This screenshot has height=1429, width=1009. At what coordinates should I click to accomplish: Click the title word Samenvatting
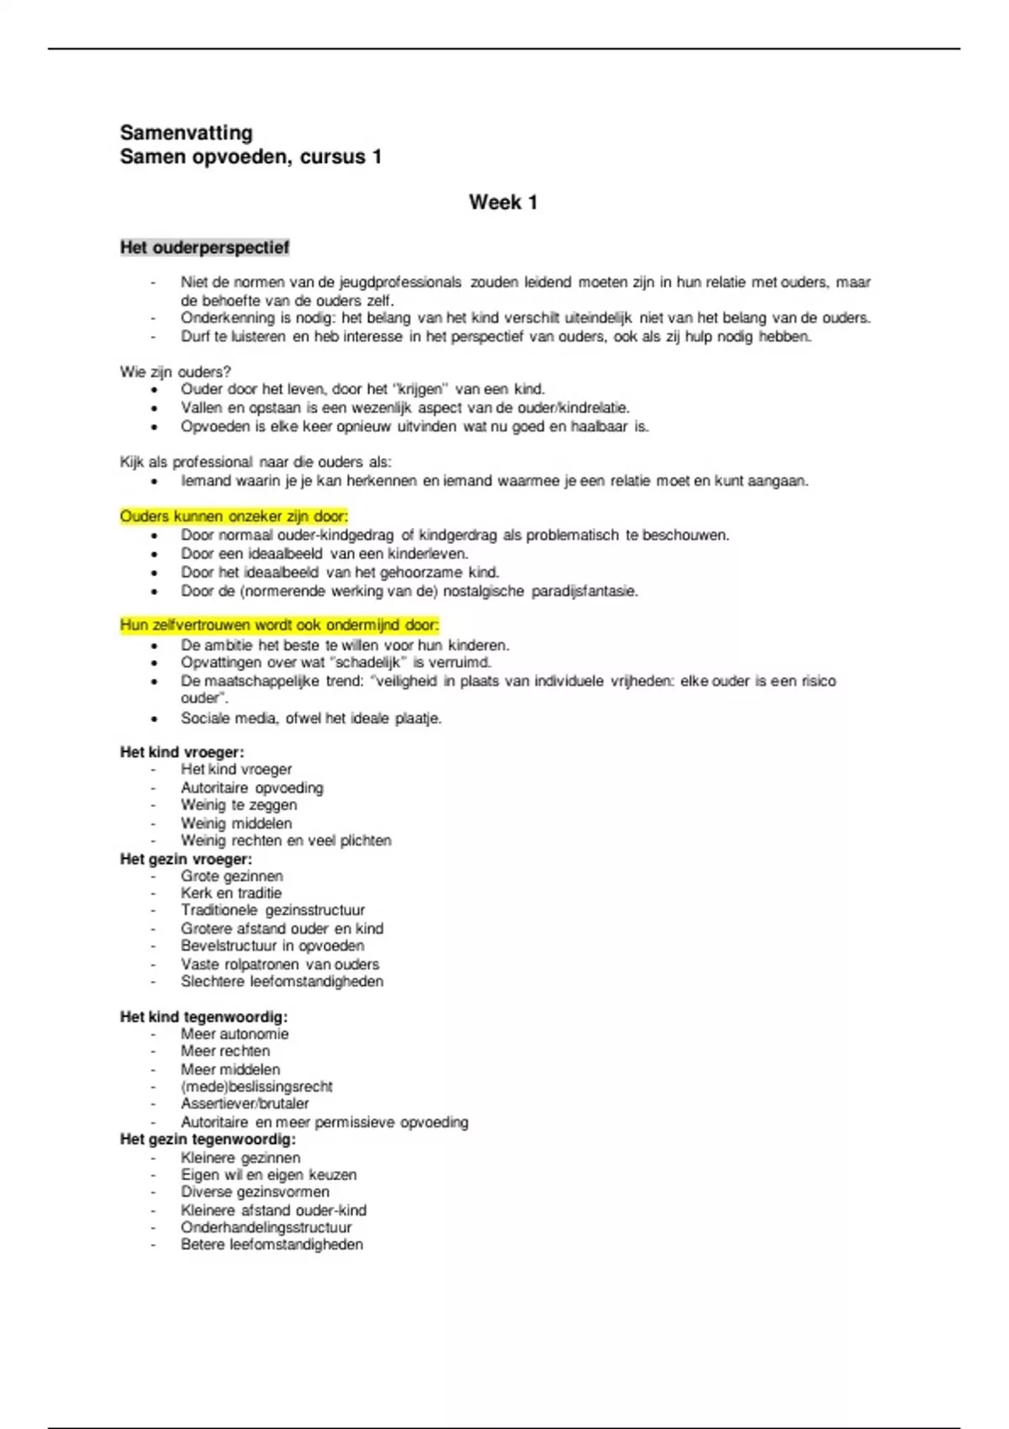(186, 133)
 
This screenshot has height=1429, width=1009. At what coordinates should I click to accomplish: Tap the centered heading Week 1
(503, 203)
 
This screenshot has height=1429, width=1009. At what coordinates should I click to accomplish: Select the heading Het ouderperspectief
(204, 248)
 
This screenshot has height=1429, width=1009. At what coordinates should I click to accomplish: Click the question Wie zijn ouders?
(175, 372)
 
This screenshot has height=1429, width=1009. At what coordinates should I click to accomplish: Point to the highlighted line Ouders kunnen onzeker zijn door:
(234, 516)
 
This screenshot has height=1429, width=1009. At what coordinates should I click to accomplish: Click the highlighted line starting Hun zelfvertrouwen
(279, 625)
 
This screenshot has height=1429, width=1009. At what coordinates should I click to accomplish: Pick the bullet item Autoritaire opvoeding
(251, 788)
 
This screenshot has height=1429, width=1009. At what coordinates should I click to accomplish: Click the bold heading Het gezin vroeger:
(186, 859)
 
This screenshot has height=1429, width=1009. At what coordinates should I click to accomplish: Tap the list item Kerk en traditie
(231, 893)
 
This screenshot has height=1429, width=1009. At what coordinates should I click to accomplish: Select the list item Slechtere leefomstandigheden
(282, 981)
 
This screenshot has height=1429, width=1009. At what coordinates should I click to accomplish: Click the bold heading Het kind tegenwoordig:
(203, 1017)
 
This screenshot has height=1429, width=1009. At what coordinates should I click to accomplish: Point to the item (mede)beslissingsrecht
(256, 1086)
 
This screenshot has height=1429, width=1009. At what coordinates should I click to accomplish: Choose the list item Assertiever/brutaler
(245, 1104)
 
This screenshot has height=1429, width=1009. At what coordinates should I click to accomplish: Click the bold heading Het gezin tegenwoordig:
(208, 1140)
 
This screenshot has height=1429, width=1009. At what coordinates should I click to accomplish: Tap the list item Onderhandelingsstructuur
(266, 1227)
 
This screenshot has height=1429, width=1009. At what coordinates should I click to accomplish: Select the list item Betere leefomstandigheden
(272, 1244)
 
